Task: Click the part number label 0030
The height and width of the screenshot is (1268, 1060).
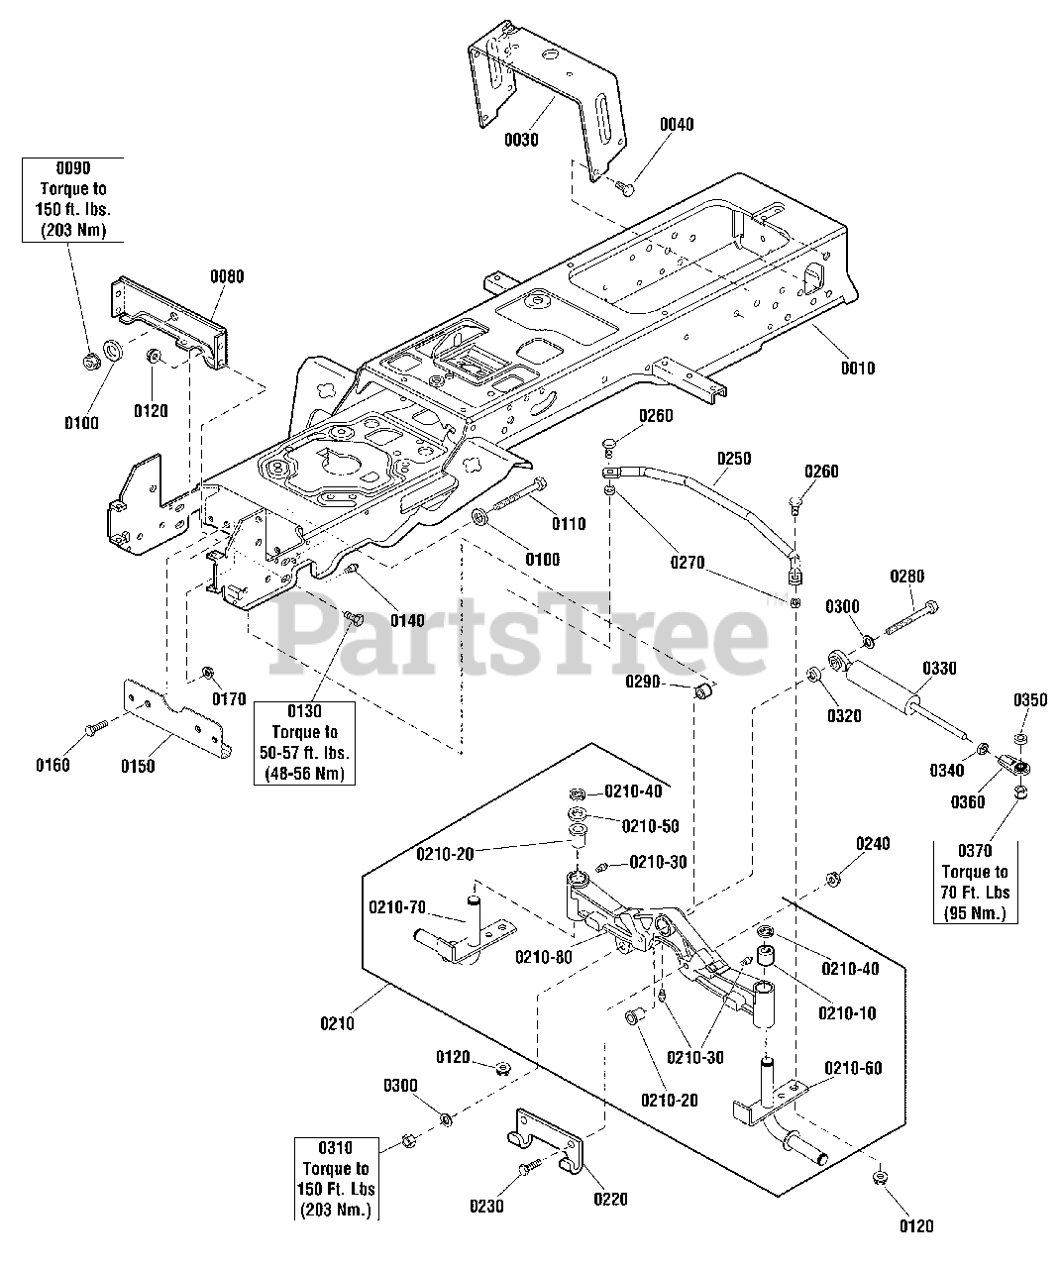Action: click(x=520, y=140)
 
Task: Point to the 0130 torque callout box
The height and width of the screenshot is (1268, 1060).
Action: click(x=304, y=742)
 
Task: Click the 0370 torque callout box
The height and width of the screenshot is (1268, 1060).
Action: click(x=975, y=882)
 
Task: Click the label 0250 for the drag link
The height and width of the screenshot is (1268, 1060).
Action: click(x=734, y=459)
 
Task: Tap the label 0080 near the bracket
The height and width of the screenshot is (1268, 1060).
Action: click(x=226, y=276)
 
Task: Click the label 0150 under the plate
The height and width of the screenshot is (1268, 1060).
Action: click(x=138, y=766)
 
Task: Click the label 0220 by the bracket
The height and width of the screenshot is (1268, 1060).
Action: click(x=610, y=1199)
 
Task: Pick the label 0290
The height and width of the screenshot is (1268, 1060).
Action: click(x=643, y=682)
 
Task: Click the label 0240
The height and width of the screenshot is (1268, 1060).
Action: click(x=873, y=843)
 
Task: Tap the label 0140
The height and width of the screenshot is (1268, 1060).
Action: click(x=406, y=621)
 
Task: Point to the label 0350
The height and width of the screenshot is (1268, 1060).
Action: click(x=1029, y=700)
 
